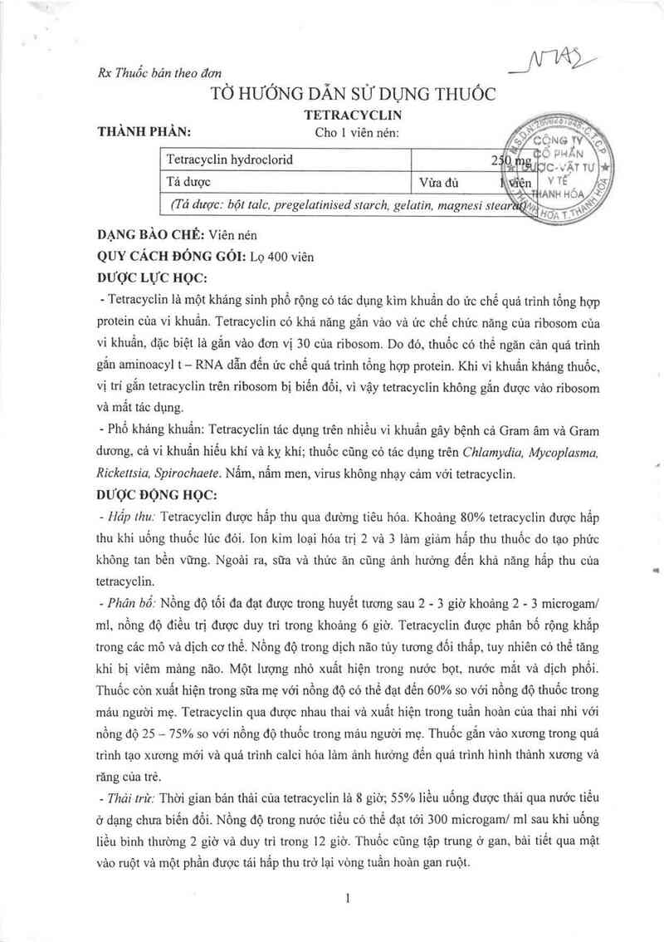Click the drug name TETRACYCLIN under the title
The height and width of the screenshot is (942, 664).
click(353, 115)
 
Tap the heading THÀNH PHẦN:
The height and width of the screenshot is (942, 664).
click(144, 132)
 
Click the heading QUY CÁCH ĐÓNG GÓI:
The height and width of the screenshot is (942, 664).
click(168, 257)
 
